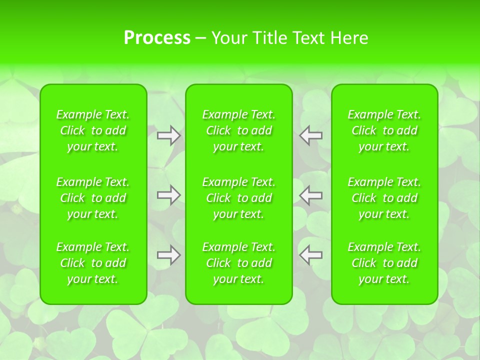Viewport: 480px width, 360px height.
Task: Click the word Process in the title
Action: coord(156,38)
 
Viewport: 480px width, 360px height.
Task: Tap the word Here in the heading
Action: coord(349,38)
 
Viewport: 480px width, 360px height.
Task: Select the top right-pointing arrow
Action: coord(169,135)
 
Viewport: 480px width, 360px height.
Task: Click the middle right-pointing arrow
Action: coord(169,195)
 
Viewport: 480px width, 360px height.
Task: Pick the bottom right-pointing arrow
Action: coord(169,255)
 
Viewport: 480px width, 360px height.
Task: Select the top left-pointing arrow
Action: coord(311,135)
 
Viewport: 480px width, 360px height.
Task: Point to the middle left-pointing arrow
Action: coord(311,195)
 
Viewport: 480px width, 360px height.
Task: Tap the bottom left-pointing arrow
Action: coord(311,255)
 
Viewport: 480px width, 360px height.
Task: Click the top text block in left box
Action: coord(93,130)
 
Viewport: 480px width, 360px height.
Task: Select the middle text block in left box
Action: coord(93,198)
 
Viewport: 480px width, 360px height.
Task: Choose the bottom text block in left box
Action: coord(93,263)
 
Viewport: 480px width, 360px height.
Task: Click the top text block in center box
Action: coord(239,130)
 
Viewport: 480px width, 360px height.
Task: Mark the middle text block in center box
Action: coord(239,198)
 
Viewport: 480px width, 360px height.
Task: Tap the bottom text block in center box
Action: coord(239,263)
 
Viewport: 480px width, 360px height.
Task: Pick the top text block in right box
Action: coord(384,130)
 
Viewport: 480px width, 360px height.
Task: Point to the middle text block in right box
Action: coord(384,198)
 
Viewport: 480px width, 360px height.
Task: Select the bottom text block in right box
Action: coord(384,263)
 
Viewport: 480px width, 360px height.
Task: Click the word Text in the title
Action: coord(308,38)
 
